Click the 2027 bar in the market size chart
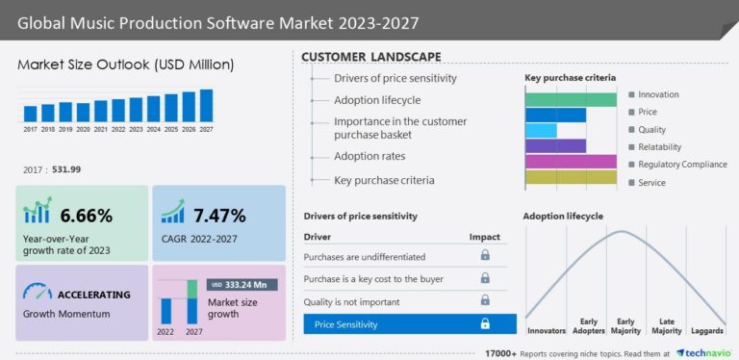206,105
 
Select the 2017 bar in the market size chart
30,114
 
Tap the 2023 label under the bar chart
136,128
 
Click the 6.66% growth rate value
87,215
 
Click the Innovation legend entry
657,94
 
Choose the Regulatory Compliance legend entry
681,165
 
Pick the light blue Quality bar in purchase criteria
541,130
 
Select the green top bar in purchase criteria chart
571,99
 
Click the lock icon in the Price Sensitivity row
485,324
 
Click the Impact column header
484,237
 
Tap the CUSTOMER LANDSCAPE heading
371,57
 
